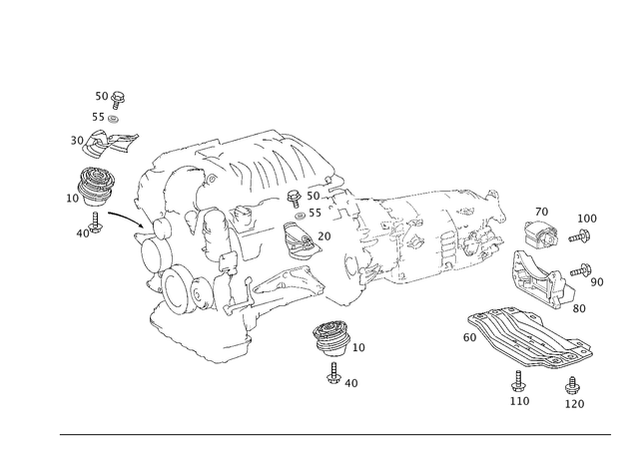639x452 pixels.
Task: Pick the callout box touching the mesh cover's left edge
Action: (x=468, y=338)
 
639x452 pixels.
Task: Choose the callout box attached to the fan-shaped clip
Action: (x=358, y=346)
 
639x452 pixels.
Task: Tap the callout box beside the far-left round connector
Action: (x=72, y=199)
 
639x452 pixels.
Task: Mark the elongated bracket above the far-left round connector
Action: (x=105, y=145)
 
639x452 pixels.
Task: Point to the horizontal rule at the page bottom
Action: (x=334, y=432)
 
